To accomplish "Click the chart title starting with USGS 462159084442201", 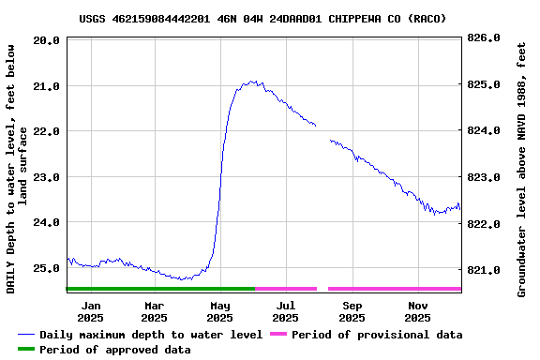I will [262, 18].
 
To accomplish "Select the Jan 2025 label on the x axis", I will [91, 311].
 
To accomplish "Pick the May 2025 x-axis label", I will [220, 311].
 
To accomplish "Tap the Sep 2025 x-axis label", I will [352, 311].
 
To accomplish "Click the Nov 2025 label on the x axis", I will [418, 311].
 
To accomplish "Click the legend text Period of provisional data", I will [377, 335].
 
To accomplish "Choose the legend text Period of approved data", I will [115, 350].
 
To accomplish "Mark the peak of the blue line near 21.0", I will [251, 82].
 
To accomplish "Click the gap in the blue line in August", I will [323, 132].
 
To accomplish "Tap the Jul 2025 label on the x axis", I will [286, 311].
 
